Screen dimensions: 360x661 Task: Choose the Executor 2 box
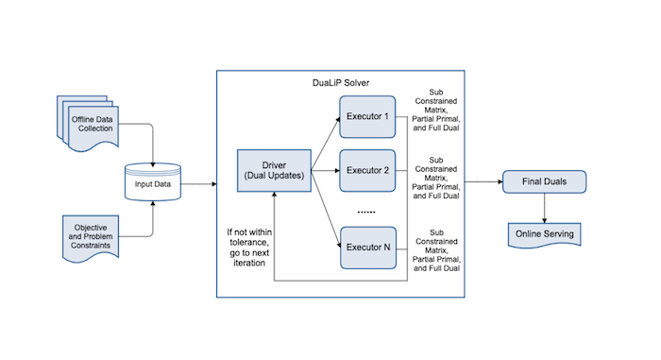tap(367, 170)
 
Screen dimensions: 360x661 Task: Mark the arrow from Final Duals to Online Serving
tap(543, 206)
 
